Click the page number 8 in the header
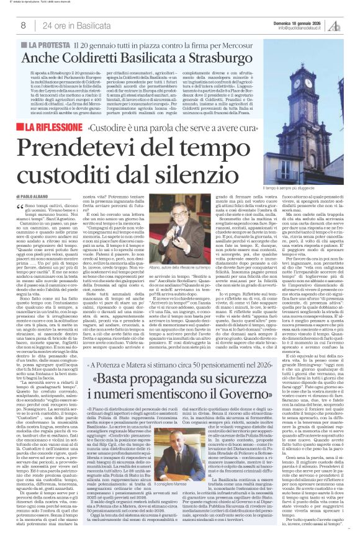tap(23, 25)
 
